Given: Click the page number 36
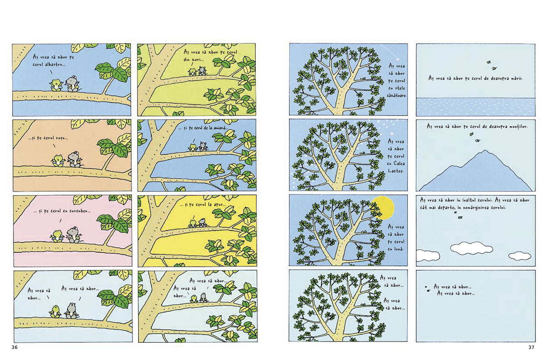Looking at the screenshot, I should point(15,347).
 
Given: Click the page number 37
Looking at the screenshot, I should point(531,347).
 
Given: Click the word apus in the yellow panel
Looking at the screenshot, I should point(218,205).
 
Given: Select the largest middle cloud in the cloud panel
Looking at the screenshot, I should point(471,248).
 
